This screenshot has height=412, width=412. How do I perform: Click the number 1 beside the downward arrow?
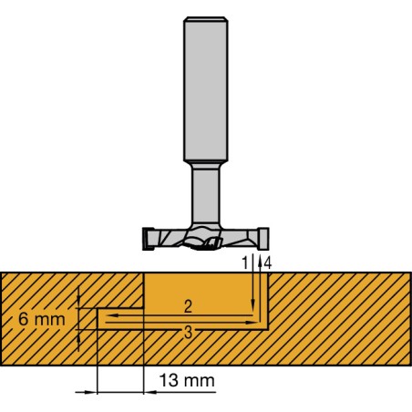244,262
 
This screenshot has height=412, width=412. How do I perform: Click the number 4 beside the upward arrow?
267,262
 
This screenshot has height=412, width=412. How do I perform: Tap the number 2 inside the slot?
186,304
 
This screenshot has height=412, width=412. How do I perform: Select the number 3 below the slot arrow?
186,333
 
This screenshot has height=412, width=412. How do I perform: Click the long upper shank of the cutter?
205,90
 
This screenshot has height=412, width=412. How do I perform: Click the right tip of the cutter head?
264,239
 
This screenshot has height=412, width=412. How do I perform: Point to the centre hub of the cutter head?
206,240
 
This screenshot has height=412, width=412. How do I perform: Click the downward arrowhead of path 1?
253,307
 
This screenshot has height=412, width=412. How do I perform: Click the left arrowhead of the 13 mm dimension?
91,392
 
